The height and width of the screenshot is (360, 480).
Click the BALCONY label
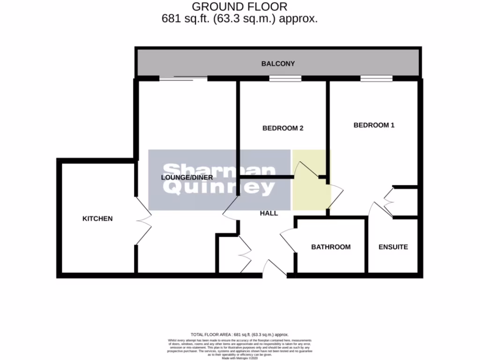(278, 64)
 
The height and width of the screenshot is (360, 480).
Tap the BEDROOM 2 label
(283, 128)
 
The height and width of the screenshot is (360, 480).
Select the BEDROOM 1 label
(374, 125)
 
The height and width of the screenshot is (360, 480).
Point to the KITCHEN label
(97, 218)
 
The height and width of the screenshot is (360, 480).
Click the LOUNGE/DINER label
(187, 178)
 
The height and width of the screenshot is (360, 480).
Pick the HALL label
(269, 213)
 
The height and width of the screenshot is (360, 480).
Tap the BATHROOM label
(331, 247)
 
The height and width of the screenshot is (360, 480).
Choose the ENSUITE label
(394, 247)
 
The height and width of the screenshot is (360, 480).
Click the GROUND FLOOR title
(240, 7)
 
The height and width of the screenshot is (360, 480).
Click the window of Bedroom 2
(285, 78)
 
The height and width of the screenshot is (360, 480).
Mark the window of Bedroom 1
(376, 78)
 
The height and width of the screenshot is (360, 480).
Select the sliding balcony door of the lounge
(183, 78)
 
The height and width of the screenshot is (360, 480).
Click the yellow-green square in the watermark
(311, 180)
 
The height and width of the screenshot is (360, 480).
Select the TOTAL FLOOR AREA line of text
(240, 334)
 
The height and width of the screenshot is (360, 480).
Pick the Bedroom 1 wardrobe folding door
(388, 202)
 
